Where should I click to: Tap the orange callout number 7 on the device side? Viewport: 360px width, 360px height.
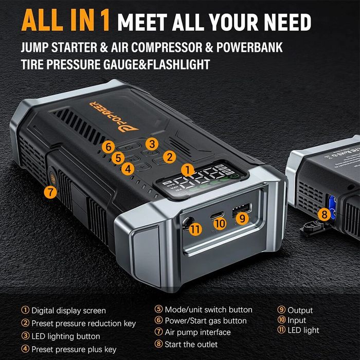(50, 192)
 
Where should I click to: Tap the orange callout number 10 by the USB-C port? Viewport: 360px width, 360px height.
(220, 224)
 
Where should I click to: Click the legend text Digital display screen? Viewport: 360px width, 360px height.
(68, 311)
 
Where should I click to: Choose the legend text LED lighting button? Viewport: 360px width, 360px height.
(66, 336)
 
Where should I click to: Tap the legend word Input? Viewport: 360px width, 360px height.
(297, 320)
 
